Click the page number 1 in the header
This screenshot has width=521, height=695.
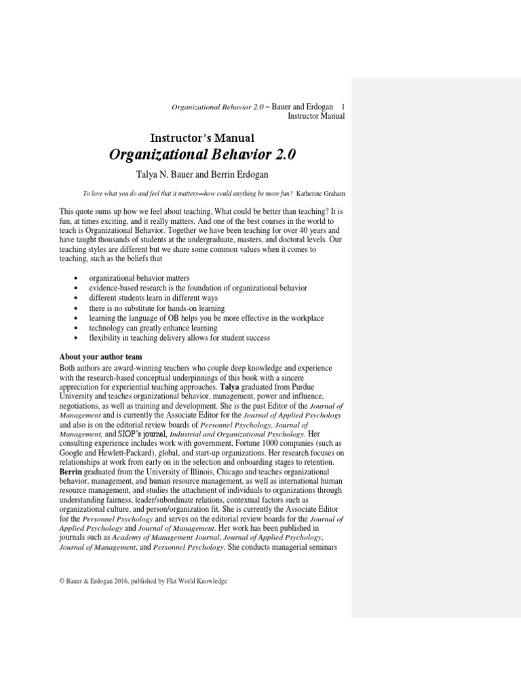click(x=343, y=107)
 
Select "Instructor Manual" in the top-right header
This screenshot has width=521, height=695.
click(x=316, y=116)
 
